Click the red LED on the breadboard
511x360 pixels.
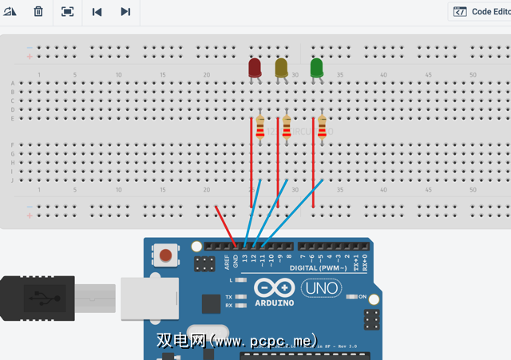(255, 67)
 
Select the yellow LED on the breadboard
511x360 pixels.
(282, 68)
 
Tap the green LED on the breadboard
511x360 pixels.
(317, 67)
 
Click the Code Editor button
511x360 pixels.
(482, 12)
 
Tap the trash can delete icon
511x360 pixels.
(38, 12)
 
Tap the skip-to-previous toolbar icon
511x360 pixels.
(97, 12)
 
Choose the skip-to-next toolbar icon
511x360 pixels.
(125, 12)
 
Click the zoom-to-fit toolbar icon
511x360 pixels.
(67, 12)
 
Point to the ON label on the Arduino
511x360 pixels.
(362, 297)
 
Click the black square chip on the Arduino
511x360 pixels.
(211, 304)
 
